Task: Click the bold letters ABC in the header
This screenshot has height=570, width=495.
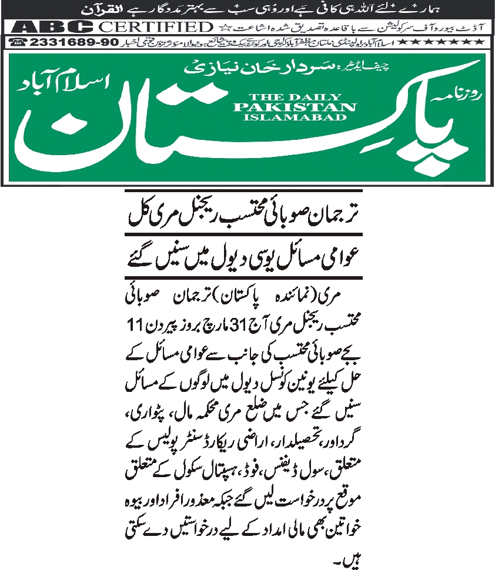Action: click(x=52, y=27)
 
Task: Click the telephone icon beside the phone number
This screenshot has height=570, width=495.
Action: click(x=18, y=43)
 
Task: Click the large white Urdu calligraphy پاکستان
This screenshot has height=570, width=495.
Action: click(x=235, y=129)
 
